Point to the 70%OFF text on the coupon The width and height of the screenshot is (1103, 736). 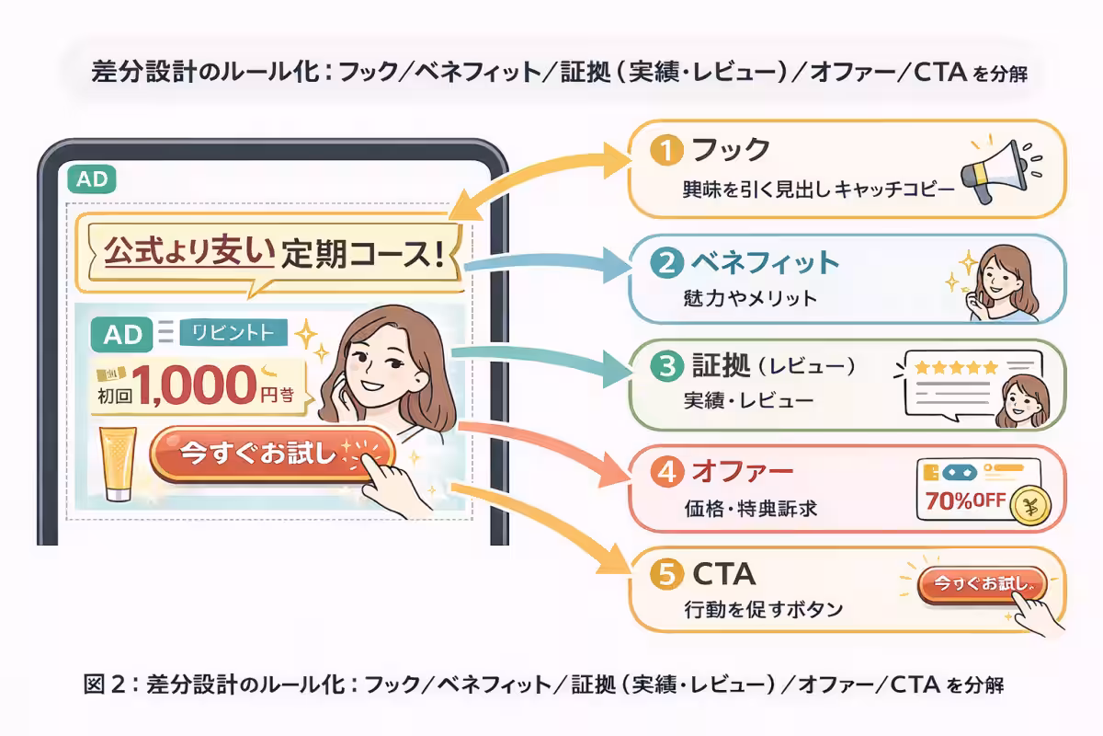pyautogui.click(x=959, y=504)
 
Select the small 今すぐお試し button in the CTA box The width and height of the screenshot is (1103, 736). pyautogui.click(x=982, y=583)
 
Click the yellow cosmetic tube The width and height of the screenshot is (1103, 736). pyautogui.click(x=121, y=463)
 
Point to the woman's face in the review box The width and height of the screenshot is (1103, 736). pyautogui.click(x=1020, y=396)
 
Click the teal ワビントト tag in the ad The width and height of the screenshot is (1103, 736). pyautogui.click(x=234, y=332)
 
